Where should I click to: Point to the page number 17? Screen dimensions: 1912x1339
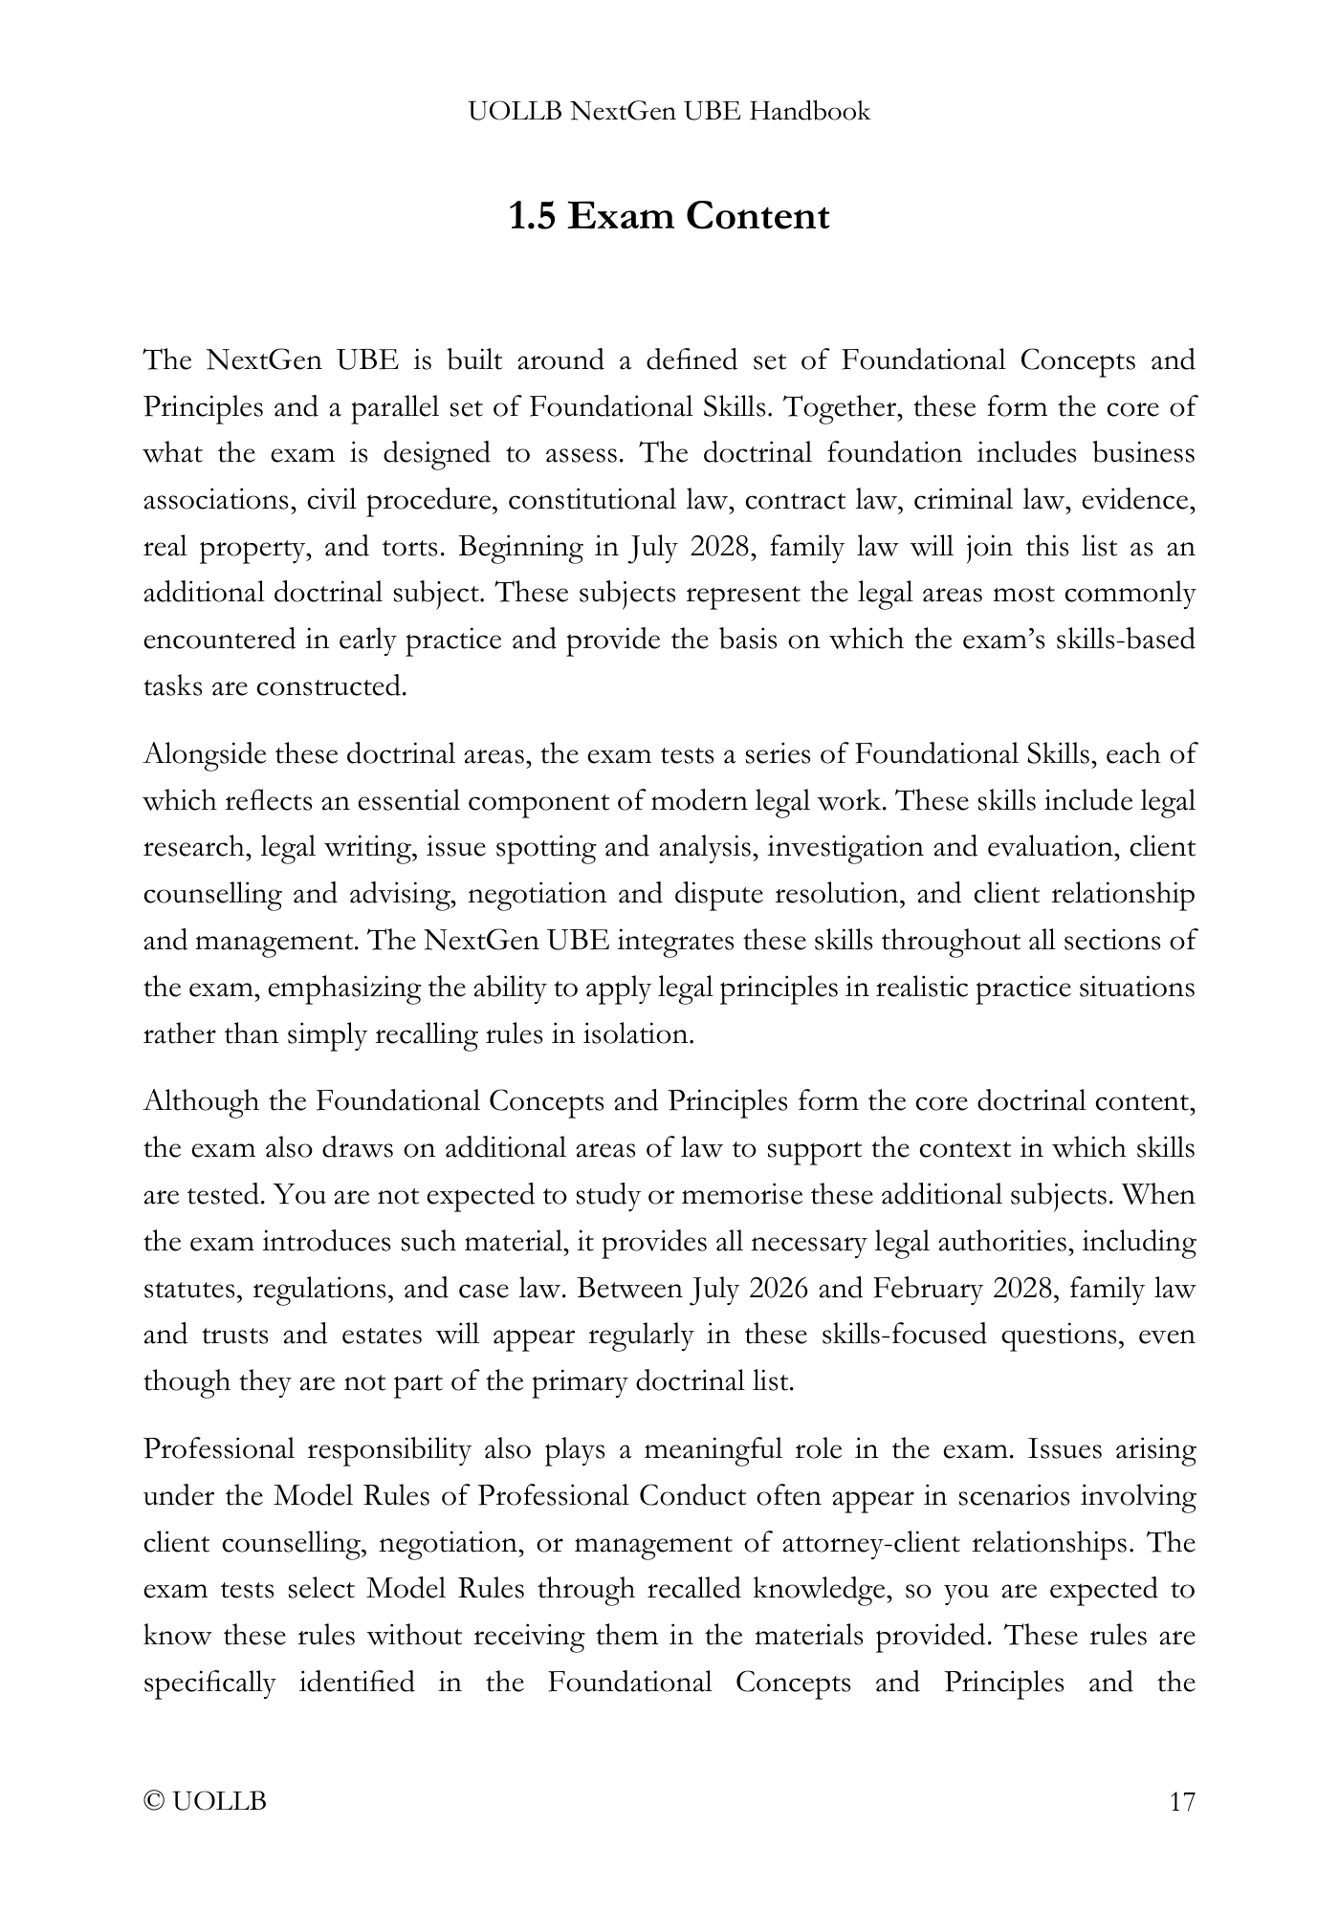click(x=1182, y=1802)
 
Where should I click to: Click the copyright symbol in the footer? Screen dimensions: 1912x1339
click(x=152, y=1802)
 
